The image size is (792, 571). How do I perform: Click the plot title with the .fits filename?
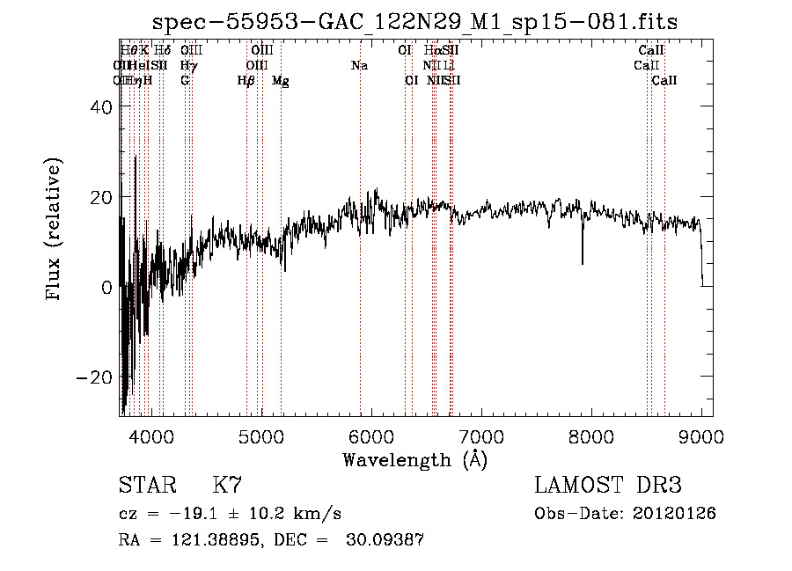pyautogui.click(x=414, y=22)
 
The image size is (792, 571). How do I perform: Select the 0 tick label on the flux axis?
pyautogui.click(x=107, y=287)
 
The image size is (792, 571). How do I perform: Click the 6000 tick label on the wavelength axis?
pyautogui.click(x=371, y=436)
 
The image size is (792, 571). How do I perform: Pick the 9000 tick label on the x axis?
pyautogui.click(x=701, y=436)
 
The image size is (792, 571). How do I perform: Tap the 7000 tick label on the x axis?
pyautogui.click(x=481, y=436)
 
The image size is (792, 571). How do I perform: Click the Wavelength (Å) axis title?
pyautogui.click(x=414, y=459)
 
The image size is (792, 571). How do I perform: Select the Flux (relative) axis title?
pyautogui.click(x=55, y=230)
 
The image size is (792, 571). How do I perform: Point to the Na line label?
pyautogui.click(x=359, y=66)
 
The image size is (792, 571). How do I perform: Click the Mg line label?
pyautogui.click(x=281, y=81)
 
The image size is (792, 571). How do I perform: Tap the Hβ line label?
pyautogui.click(x=246, y=81)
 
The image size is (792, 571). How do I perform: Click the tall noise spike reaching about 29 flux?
pyautogui.click(x=136, y=158)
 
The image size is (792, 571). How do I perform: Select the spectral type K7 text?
pyautogui.click(x=227, y=486)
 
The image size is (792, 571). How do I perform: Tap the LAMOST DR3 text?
pyautogui.click(x=608, y=486)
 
